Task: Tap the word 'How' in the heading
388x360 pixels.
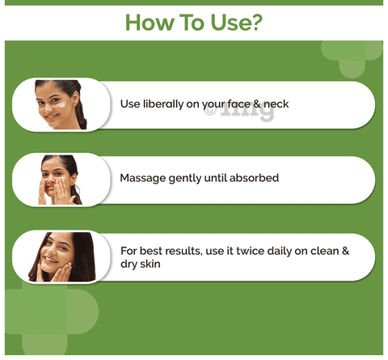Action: coord(150,23)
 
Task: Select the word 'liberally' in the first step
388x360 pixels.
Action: coord(163,104)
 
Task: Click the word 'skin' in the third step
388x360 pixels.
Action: coord(150,264)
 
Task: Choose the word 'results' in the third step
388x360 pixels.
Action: coord(183,251)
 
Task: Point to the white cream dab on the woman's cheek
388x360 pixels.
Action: coord(62,104)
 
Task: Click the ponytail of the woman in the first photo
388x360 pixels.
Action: coord(81,113)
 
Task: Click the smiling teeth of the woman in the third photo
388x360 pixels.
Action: coord(51,260)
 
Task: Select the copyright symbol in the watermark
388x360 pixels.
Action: coord(210,111)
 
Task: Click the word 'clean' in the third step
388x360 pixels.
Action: coord(324,251)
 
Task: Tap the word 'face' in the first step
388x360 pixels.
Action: coord(238,104)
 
